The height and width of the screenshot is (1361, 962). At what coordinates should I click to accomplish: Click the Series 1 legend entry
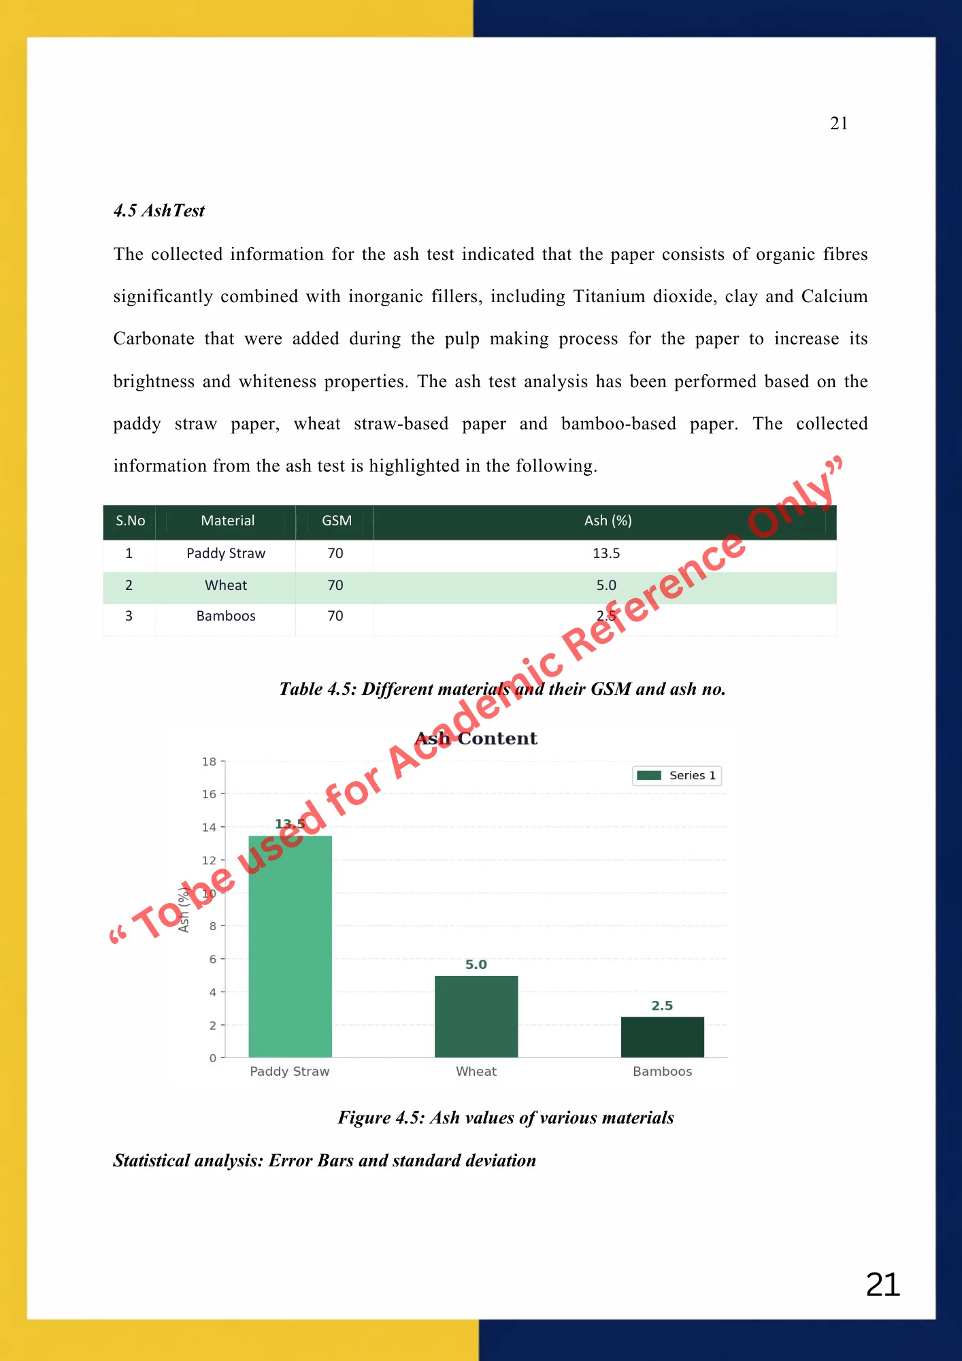(677, 776)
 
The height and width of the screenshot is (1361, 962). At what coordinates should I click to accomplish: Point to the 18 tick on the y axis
(210, 761)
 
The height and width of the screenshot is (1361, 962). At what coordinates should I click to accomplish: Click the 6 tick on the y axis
(213, 960)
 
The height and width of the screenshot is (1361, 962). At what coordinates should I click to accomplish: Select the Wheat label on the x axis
(476, 1071)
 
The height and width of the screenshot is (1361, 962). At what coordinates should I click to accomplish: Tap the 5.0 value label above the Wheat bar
(476, 964)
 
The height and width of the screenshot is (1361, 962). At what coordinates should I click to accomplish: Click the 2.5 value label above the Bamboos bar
(662, 1006)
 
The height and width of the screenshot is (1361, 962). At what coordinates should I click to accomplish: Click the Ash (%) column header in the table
(608, 521)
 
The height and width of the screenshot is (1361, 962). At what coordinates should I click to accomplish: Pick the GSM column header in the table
(337, 521)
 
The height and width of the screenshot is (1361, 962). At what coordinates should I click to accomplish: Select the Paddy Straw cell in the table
(226, 553)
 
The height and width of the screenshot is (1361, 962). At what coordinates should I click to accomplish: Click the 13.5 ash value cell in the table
(606, 553)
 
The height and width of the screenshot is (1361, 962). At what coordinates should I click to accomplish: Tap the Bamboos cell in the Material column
(226, 616)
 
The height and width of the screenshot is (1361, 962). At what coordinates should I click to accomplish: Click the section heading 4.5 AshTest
(159, 211)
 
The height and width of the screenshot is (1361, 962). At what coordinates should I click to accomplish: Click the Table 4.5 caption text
(502, 689)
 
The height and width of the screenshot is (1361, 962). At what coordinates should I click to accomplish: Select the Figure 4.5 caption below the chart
(505, 1118)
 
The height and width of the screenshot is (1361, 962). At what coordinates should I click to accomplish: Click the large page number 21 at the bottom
(883, 1285)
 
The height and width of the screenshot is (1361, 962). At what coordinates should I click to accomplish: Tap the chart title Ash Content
(476, 738)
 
